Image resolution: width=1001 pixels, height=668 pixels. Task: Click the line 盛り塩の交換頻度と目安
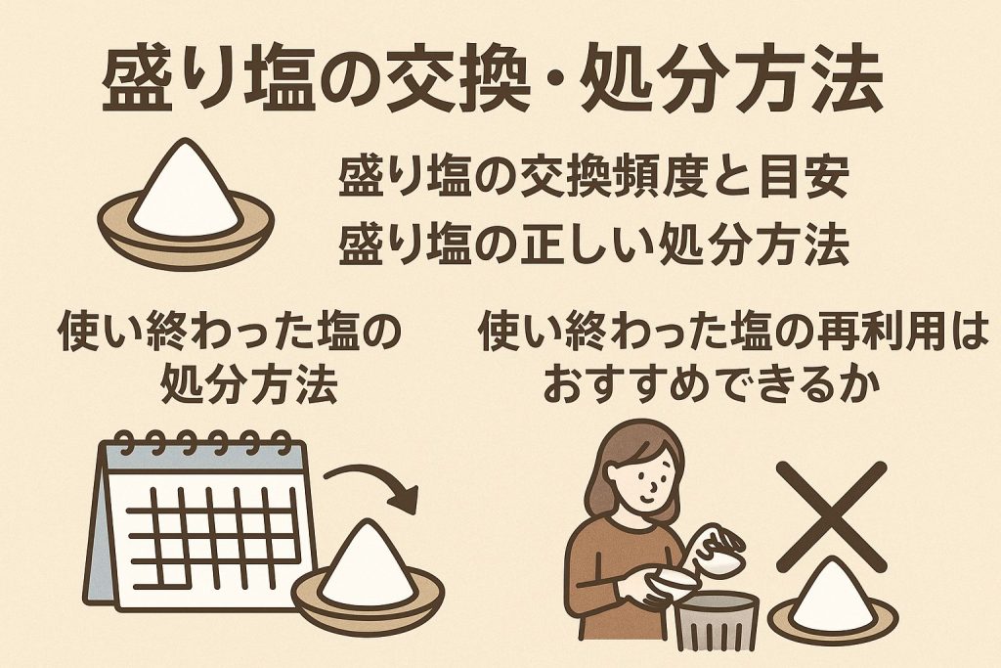(x=593, y=177)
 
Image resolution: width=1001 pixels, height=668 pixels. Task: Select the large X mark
(x=831, y=516)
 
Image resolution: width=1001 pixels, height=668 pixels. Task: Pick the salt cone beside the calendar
(x=369, y=562)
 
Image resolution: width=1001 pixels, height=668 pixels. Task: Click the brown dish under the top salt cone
(x=186, y=233)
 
